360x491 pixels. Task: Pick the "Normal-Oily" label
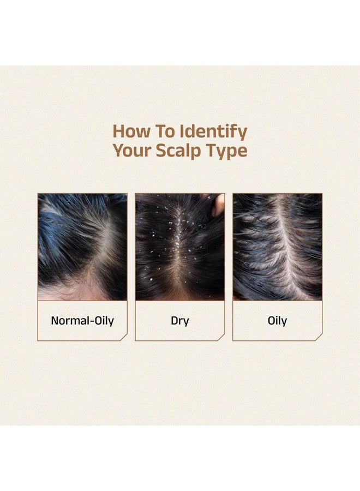[x=82, y=320]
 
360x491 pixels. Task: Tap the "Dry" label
[x=179, y=320]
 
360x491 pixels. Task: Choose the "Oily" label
[x=277, y=320]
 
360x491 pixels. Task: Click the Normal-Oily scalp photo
[x=82, y=247]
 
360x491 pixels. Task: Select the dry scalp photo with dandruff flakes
[x=179, y=247]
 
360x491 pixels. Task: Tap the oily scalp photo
[x=277, y=247]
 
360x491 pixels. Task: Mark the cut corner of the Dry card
[x=221, y=337]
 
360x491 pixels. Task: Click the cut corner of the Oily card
[x=319, y=337]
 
